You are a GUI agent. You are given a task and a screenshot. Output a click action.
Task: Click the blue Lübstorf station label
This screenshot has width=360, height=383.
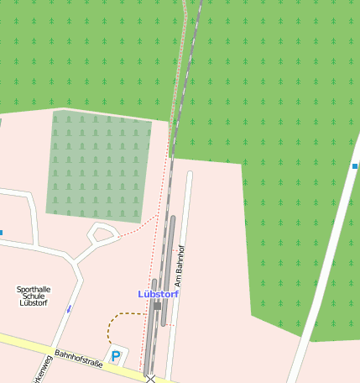tap(158, 294)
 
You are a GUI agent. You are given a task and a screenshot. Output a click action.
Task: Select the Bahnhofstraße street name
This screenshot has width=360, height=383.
tap(78, 359)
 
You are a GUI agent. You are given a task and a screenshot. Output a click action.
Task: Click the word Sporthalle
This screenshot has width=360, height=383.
tap(34, 289)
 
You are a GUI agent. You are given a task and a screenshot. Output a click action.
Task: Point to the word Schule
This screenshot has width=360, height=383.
tap(34, 296)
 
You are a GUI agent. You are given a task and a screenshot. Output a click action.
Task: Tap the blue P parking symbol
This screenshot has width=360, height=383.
tap(116, 356)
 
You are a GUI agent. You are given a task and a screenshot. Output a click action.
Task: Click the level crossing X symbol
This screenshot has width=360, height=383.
tap(151, 379)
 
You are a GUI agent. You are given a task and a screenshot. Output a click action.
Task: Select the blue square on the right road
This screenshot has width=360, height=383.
tap(355, 166)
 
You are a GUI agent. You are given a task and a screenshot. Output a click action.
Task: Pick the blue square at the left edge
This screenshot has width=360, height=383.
tap(1, 232)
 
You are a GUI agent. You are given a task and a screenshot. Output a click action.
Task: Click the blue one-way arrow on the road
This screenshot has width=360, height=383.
tap(69, 309)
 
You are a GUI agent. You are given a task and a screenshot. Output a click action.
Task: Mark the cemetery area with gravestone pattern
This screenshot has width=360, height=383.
tap(98, 165)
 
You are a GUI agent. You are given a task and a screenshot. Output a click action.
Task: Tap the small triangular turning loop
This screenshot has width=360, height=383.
tap(102, 233)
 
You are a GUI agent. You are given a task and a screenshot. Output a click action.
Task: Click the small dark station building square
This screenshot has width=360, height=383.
tap(157, 307)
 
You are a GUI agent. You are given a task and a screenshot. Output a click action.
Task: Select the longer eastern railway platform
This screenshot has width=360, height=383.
tap(169, 269)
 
